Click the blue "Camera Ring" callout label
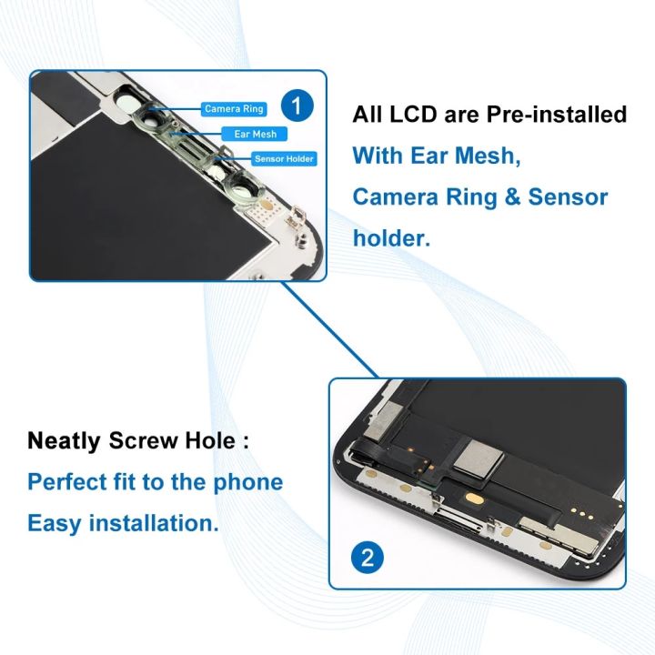click(x=234, y=109)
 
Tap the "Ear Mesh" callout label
click(x=255, y=134)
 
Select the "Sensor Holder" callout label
click(x=284, y=158)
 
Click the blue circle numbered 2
click(x=368, y=557)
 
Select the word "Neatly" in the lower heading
click(x=65, y=441)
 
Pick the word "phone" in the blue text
click(x=247, y=482)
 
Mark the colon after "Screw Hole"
click(x=245, y=443)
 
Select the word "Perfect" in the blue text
click(x=68, y=482)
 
